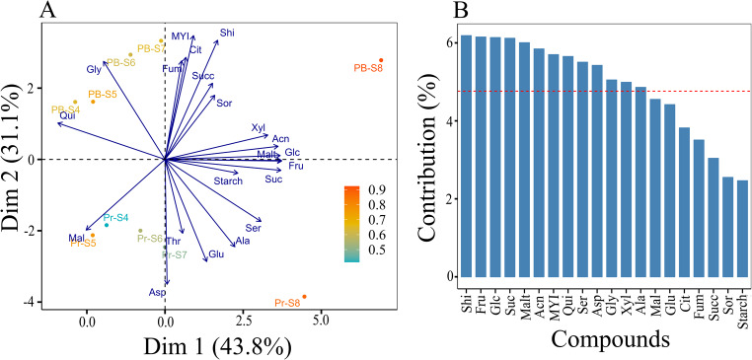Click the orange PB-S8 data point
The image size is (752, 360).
[x=380, y=60]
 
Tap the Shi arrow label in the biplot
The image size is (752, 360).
[x=227, y=33]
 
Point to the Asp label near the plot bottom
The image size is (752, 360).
[x=157, y=293]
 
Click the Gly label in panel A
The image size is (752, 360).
[x=95, y=69]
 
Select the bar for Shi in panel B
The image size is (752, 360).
[x=466, y=148]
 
